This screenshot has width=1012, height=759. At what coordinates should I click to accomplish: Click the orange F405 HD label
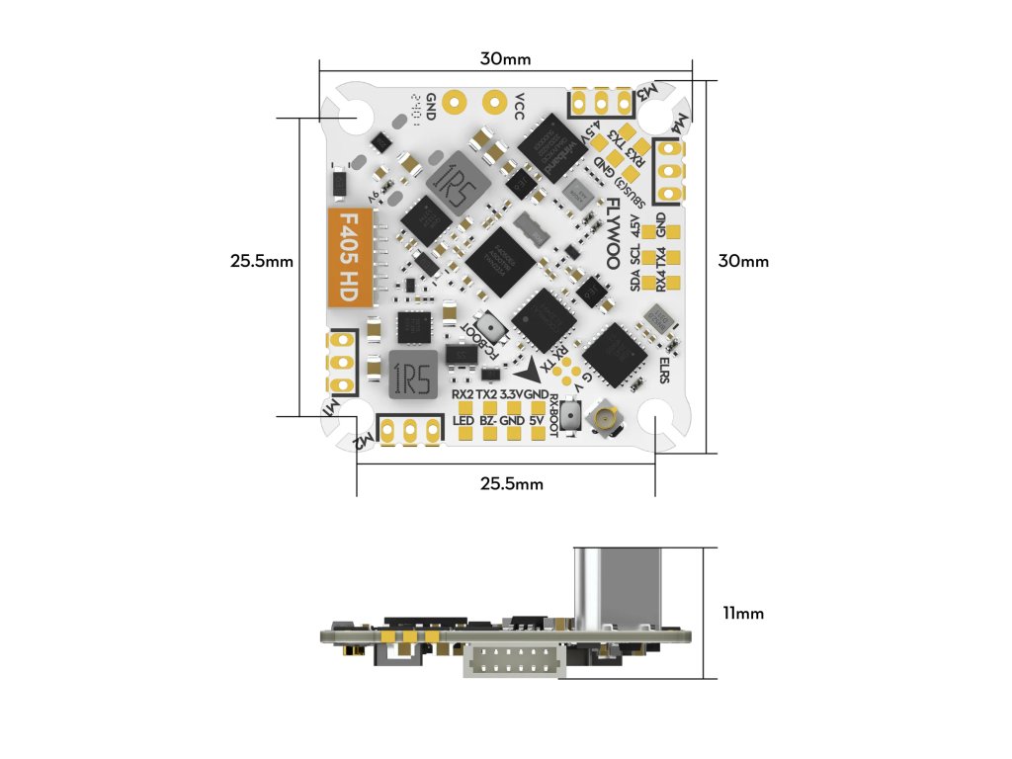(350, 258)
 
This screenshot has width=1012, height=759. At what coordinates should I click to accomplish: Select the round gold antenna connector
(602, 422)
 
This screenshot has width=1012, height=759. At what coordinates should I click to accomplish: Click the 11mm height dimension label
(742, 614)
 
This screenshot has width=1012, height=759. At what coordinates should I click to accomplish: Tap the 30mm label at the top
(505, 59)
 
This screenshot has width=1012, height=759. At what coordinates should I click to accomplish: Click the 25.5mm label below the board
(511, 483)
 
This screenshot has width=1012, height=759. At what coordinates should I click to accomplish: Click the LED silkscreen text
(463, 421)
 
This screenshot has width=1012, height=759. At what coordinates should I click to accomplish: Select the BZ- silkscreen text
(488, 421)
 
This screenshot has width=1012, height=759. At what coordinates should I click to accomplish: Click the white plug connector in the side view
(511, 659)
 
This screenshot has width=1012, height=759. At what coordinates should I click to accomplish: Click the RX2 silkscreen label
(463, 394)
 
